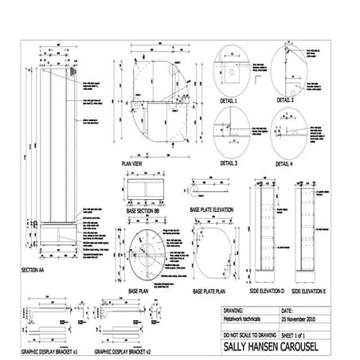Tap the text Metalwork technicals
coord(246,317)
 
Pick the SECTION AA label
coord(37,271)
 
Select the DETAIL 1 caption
coord(228,102)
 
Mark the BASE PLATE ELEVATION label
coord(212,209)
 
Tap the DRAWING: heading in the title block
coord(237,309)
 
